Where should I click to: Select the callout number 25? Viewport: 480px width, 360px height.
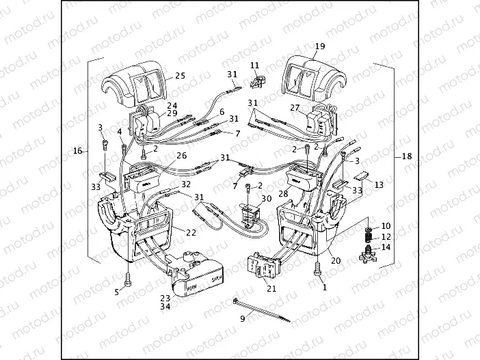(x=181, y=75)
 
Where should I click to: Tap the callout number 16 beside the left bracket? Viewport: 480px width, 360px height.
(x=77, y=150)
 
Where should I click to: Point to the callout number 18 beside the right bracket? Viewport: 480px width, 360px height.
(x=407, y=156)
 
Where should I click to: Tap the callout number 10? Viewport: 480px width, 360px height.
(x=386, y=225)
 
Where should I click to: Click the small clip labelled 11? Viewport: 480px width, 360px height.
(x=258, y=83)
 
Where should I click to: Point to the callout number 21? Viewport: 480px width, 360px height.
(x=271, y=290)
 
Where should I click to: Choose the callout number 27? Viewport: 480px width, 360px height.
(x=295, y=107)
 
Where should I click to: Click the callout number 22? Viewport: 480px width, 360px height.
(x=191, y=234)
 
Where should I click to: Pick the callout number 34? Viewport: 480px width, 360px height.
(x=165, y=307)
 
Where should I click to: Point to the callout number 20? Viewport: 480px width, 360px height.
(x=336, y=260)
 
